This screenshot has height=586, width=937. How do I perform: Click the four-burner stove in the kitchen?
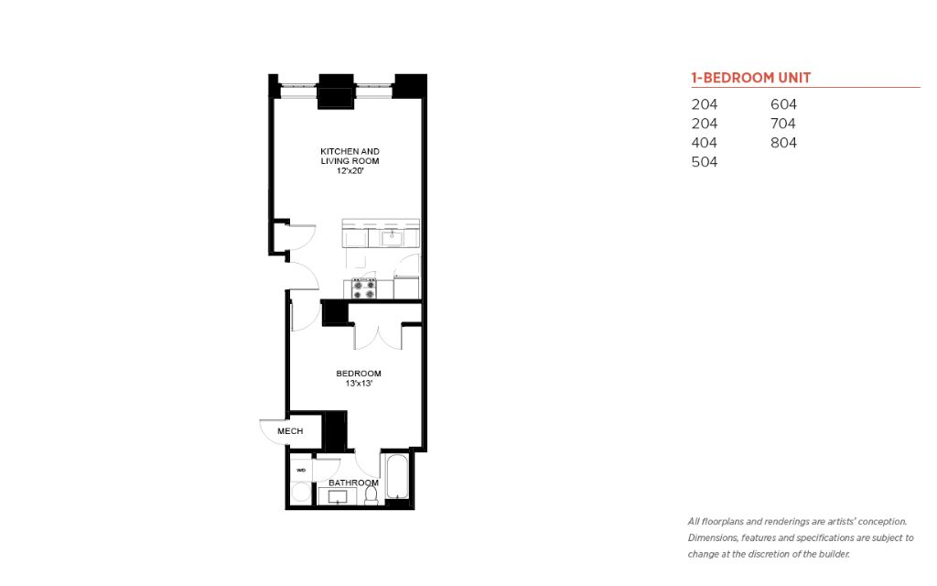point(364,288)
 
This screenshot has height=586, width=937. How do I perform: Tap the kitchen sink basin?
point(392,238)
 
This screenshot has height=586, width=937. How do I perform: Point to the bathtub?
point(397,477)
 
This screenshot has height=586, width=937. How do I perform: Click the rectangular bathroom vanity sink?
point(338,496)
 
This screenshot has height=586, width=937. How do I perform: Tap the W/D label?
point(301,470)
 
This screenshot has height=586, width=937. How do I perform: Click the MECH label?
point(290,431)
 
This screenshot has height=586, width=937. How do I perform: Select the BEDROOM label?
point(359,374)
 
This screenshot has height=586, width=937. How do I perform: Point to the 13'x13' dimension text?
point(359,384)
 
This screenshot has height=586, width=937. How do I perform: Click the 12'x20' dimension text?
point(350,170)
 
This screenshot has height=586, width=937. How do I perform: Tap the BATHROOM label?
point(353,483)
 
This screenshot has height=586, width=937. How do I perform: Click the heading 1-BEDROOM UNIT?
point(751,78)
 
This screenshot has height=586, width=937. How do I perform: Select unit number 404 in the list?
point(705,143)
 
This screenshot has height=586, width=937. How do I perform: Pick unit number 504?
point(705,162)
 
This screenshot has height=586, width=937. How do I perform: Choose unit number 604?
point(783,104)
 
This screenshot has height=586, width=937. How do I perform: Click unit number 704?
point(783,124)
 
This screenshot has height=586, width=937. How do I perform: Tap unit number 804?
point(783,143)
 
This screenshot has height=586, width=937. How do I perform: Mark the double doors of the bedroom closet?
point(378,337)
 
